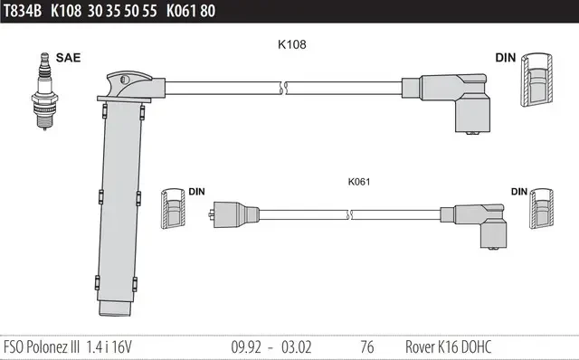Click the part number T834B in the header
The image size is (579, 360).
22,11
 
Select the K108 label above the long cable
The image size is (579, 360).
291,44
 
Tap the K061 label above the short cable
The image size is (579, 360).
359,182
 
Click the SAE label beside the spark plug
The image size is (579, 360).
68,58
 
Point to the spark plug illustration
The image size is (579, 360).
44,91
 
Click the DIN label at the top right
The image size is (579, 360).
506,58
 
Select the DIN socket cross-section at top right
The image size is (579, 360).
536,80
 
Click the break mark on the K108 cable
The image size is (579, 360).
283,88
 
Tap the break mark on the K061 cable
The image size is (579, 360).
349,214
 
